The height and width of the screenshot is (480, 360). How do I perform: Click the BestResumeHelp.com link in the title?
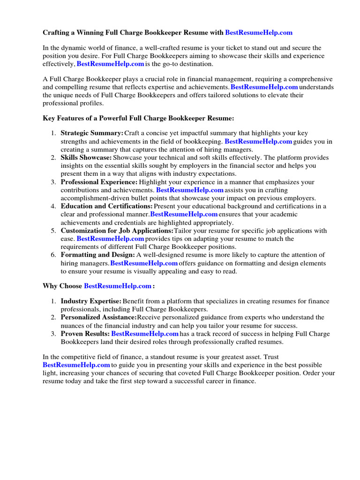259,32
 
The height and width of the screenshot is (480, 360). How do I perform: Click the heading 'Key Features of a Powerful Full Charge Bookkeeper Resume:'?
138,119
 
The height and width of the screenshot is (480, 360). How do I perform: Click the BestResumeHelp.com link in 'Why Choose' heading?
118,285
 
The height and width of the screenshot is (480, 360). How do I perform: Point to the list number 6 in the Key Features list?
54,255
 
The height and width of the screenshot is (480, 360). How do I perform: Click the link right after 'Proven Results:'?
145,334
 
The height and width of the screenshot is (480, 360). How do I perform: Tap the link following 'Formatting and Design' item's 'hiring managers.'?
144,263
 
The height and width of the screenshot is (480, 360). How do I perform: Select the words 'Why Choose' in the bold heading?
62,285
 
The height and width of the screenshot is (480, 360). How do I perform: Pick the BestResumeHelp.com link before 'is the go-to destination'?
110,64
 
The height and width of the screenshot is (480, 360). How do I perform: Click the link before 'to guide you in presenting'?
76,365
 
